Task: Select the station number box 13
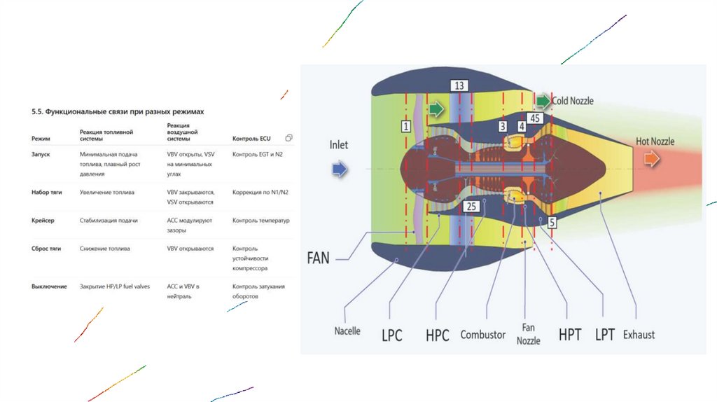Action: point(459,85)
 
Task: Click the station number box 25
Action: point(471,206)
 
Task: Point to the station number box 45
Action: point(535,118)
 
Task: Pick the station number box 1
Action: point(405,126)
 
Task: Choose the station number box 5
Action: point(552,223)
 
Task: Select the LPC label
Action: point(391,335)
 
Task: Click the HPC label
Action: point(437,335)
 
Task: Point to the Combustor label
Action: point(482,335)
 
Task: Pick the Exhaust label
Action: point(639,334)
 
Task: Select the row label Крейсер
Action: point(43,220)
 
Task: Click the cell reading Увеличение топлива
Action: point(107,191)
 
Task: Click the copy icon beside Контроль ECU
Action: point(289,137)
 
